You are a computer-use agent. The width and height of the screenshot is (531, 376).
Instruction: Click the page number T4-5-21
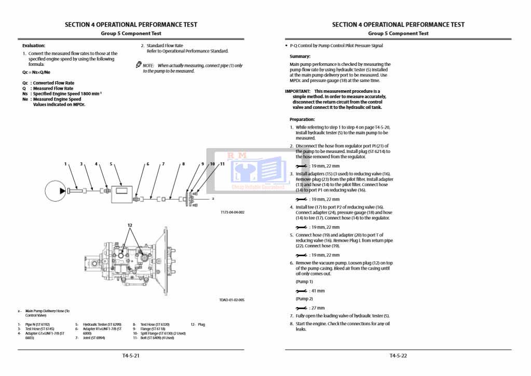click(131, 356)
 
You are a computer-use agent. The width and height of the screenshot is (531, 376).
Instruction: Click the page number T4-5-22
click(398, 356)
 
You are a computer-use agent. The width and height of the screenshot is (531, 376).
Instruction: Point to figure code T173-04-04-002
click(232, 212)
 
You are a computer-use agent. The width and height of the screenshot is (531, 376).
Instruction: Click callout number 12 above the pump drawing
click(130, 225)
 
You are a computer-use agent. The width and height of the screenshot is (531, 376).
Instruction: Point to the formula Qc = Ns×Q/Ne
click(36, 72)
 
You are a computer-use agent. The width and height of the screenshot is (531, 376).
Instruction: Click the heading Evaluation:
click(34, 46)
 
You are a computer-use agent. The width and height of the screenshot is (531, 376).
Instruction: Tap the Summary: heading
click(300, 56)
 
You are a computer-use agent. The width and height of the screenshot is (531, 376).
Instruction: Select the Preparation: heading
click(302, 119)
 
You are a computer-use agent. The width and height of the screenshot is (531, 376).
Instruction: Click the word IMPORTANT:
click(297, 91)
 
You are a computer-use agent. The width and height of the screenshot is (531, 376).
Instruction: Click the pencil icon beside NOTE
click(139, 65)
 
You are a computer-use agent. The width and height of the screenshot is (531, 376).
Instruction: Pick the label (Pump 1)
click(304, 282)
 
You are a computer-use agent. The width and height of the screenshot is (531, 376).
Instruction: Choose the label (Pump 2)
click(304, 299)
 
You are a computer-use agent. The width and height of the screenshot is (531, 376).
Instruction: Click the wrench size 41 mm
click(316, 290)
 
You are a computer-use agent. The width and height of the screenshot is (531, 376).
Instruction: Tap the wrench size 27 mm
click(316, 308)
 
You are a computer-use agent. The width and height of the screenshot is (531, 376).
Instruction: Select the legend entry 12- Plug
click(198, 325)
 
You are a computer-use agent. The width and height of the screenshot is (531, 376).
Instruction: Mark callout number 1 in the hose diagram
click(65, 164)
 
